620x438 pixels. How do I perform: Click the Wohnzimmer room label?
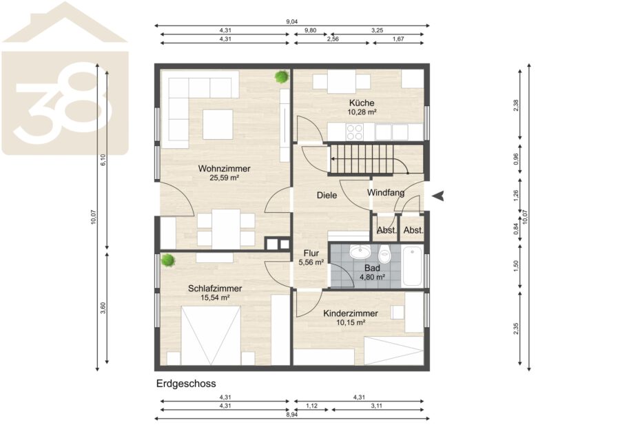coord(224,169)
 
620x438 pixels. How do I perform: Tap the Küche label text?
coord(362,103)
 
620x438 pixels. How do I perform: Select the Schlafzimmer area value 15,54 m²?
coord(215,298)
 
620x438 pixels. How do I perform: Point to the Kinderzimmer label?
coord(351,313)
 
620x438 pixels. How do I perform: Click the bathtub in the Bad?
coord(413,266)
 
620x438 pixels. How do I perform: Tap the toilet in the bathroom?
coord(384,253)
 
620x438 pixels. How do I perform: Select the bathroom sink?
coord(360,251)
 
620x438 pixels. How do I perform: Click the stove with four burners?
coord(355,132)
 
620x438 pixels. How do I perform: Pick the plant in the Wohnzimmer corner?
coord(282,76)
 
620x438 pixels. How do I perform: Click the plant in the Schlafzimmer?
coord(167,260)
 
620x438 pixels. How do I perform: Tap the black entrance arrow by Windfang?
coord(438,196)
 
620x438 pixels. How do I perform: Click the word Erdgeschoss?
coord(186,384)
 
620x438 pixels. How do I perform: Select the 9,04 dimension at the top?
coord(292,22)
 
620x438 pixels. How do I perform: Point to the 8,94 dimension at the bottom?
coord(292,415)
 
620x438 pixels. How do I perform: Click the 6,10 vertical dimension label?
coord(103,160)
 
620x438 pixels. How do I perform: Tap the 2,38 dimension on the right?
coord(515,105)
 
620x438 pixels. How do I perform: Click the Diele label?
coord(327,196)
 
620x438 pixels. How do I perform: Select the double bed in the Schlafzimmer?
coord(211,335)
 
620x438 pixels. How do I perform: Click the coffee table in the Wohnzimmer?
coord(218,124)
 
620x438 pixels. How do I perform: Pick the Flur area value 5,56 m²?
coord(311,262)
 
